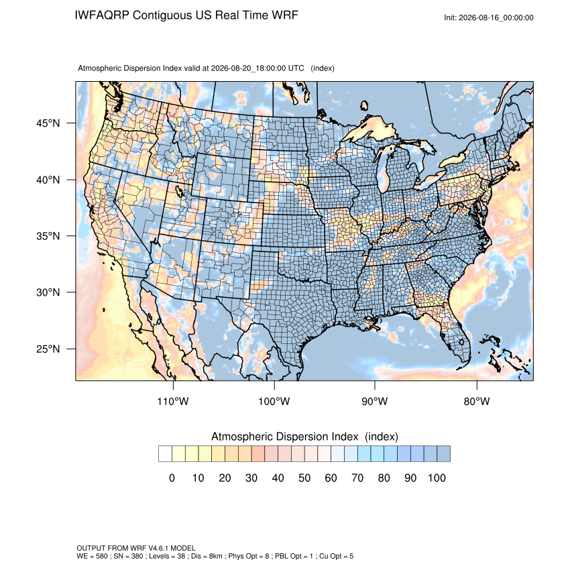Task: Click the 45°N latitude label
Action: (x=48, y=123)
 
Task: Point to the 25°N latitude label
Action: (x=48, y=349)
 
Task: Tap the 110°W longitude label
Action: (x=173, y=401)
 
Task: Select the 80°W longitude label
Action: (x=477, y=401)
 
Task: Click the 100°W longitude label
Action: (x=274, y=401)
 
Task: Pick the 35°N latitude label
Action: (x=48, y=236)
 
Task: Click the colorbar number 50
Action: (x=304, y=477)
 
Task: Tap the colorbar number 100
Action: (x=437, y=477)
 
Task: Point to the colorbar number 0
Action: (x=172, y=477)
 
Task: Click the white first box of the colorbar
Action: (x=165, y=454)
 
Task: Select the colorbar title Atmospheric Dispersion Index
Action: (x=284, y=437)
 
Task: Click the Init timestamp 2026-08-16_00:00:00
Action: (x=496, y=18)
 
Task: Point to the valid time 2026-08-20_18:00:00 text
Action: (x=248, y=68)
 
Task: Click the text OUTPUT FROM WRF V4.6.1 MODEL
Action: (x=136, y=548)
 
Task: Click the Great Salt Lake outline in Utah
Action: (x=179, y=190)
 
